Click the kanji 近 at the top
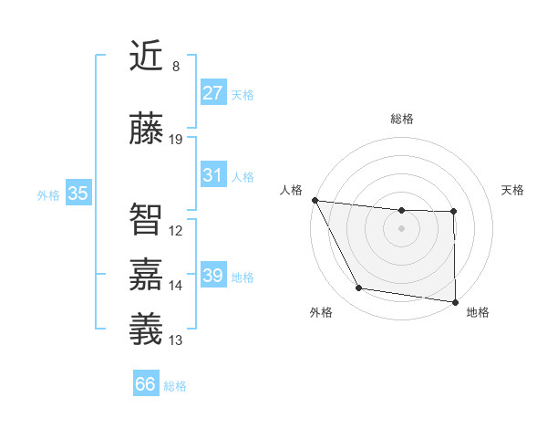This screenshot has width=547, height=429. coord(146,57)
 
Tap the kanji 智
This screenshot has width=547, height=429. coord(146,219)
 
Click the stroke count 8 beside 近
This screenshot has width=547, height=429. coord(176,67)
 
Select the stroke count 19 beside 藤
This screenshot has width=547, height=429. coord(176,140)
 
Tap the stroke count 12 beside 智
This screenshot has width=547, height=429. coord(176,231)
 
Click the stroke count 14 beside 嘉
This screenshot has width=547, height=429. coord(176,286)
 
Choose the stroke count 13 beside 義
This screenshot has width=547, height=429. coord(176,340)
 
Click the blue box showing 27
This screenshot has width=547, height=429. coord(213,93)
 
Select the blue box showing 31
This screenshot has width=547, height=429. coord(213,175)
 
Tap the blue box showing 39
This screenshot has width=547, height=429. coord(213,276)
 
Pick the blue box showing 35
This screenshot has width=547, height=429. coord(78,194)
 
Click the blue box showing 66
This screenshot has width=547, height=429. coord(146,384)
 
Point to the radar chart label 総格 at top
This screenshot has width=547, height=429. coord(401,119)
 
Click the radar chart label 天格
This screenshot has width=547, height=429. coord(513,190)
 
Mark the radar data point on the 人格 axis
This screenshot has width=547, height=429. coord(315,200)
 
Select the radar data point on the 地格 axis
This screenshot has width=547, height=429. coord(455,301)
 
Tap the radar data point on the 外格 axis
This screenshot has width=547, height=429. coord(359,288)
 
